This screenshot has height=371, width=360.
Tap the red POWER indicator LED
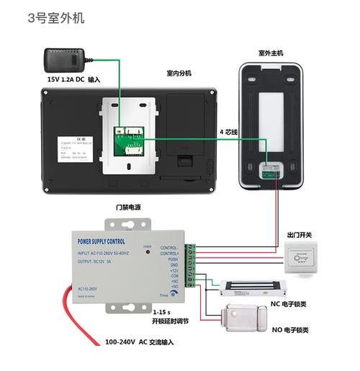click(147, 254)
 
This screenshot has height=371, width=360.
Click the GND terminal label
click(173, 264)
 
